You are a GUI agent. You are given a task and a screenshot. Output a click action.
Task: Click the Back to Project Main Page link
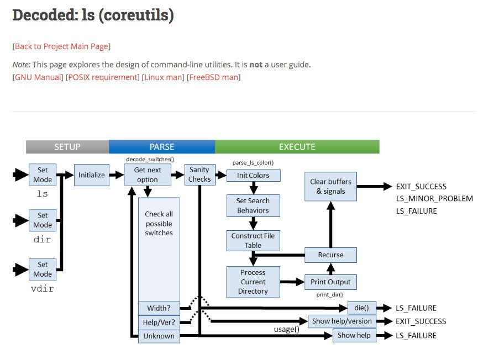coord(61,46)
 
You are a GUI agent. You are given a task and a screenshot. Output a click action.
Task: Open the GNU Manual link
coord(39,77)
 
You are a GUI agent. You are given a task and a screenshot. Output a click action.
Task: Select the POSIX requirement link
coord(103,77)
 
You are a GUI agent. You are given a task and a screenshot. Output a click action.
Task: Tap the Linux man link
coord(163,77)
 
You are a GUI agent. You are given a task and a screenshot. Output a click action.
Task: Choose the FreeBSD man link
coord(214,77)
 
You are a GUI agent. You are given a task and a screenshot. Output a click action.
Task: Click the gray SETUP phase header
coord(67,147)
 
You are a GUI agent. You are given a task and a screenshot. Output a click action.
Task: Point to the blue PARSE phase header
coord(162,147)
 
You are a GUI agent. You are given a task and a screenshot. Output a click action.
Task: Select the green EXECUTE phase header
coord(297,147)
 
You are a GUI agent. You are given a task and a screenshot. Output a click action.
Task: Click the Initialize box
coord(92,175)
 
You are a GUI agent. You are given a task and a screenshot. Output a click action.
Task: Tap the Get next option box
coord(148,175)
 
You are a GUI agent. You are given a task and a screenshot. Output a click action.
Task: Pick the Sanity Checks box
coord(199,174)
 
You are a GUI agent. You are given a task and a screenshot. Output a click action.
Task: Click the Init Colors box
coord(254,176)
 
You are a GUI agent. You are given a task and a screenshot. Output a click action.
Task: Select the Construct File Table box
coord(253,240)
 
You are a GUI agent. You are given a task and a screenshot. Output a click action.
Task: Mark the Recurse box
coord(330,255)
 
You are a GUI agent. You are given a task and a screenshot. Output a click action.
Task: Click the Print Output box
coord(330,282)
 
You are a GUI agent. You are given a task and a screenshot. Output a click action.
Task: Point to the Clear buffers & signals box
coord(330,187)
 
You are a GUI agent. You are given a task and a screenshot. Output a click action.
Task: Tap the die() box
coord(362,308)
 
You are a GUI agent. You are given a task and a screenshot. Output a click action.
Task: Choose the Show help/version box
coord(342,321)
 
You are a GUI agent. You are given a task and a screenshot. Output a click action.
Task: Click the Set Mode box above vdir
coord(43,269)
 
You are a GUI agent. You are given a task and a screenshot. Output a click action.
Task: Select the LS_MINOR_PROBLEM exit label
coord(434,199)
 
